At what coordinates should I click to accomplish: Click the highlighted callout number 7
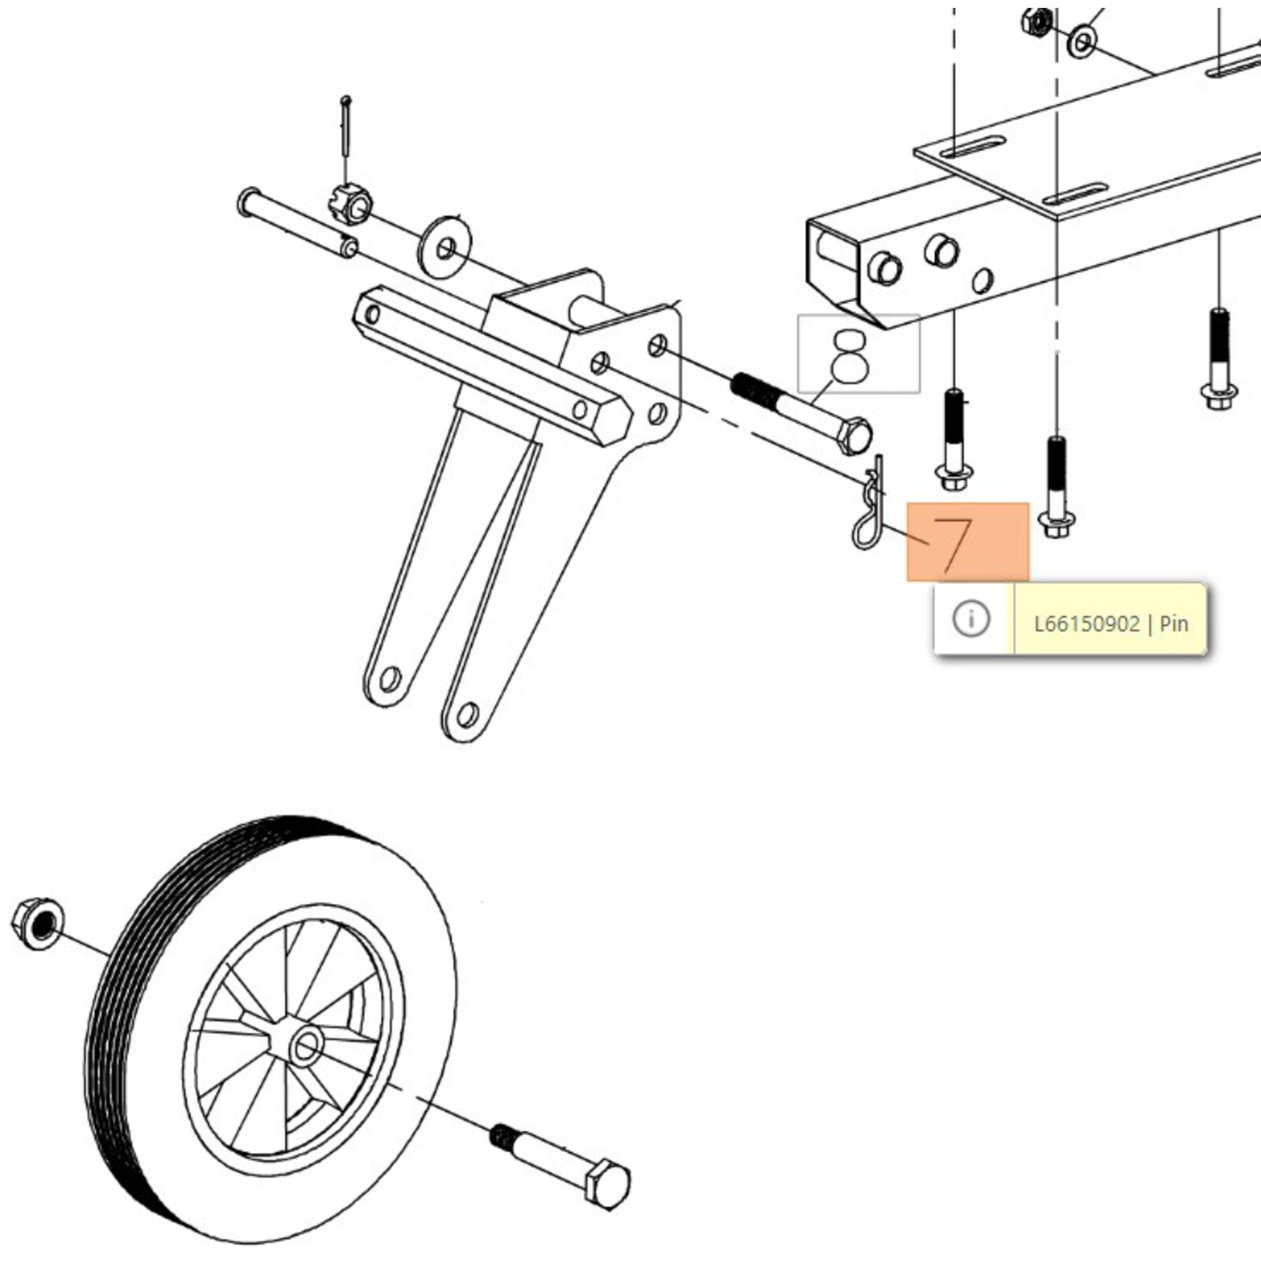pyautogui.click(x=967, y=541)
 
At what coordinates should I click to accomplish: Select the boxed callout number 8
pyautogui.click(x=857, y=354)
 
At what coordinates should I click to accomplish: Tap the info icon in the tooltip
pyautogui.click(x=971, y=619)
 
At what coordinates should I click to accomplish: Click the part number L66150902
pyautogui.click(x=1086, y=624)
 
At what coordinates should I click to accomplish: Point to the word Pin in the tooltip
pyautogui.click(x=1174, y=624)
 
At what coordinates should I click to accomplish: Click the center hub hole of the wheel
pyautogui.click(x=306, y=1047)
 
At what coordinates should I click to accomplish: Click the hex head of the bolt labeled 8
pyautogui.click(x=854, y=436)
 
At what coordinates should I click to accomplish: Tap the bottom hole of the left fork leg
pyautogui.click(x=389, y=677)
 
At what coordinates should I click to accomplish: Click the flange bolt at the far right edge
pyautogui.click(x=1219, y=390)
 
